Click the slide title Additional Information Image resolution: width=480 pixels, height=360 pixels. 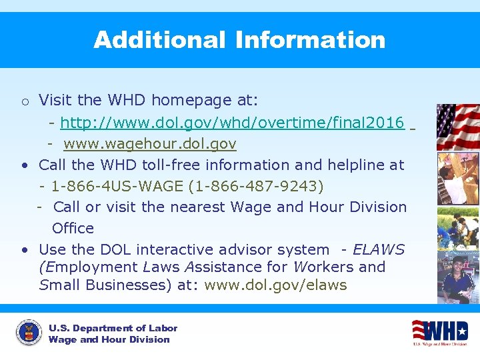coord(239,40)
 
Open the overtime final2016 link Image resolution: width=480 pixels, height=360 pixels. coord(232,123)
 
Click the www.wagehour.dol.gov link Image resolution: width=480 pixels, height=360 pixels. coord(150,144)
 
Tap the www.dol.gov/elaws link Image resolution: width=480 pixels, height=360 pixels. coord(275,285)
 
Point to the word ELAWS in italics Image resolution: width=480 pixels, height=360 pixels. coord(379,249)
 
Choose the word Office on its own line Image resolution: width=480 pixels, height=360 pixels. coord(73,228)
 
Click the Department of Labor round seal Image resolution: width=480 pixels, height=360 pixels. coord(28,333)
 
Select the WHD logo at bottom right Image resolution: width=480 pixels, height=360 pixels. coord(439,332)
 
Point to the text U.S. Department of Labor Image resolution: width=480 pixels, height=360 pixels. coord(113,328)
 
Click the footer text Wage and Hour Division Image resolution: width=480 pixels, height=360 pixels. coord(109,339)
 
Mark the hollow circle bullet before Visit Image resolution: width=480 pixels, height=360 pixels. coord(24,102)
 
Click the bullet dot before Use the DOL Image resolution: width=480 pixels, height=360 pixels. coord(24,250)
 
